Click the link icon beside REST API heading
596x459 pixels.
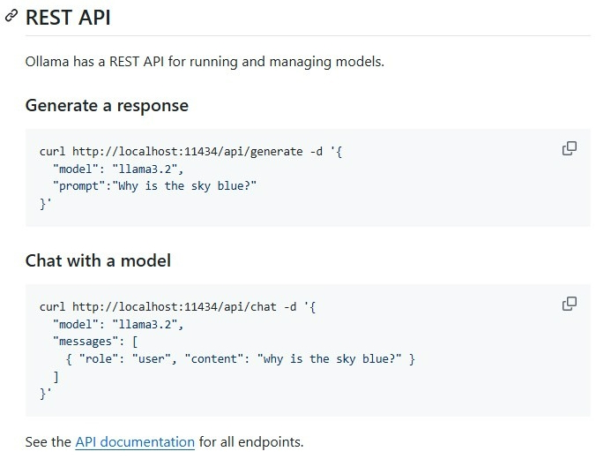point(11,16)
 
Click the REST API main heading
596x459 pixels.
point(68,18)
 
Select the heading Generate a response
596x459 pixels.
point(107,105)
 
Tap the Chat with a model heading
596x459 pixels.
point(98,260)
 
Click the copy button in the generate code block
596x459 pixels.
point(569,148)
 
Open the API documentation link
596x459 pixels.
point(135,442)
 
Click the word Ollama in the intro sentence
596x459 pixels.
point(47,61)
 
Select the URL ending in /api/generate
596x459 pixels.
point(188,152)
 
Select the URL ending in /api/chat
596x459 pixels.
point(174,307)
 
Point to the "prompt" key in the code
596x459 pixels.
point(79,186)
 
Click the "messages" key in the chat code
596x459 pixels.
point(86,342)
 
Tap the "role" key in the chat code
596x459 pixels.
point(99,359)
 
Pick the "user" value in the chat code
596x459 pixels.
point(152,359)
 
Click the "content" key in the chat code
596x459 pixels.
point(214,359)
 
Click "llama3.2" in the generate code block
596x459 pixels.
point(145,169)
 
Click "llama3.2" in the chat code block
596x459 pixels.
point(145,324)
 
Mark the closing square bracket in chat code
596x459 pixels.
point(56,377)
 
